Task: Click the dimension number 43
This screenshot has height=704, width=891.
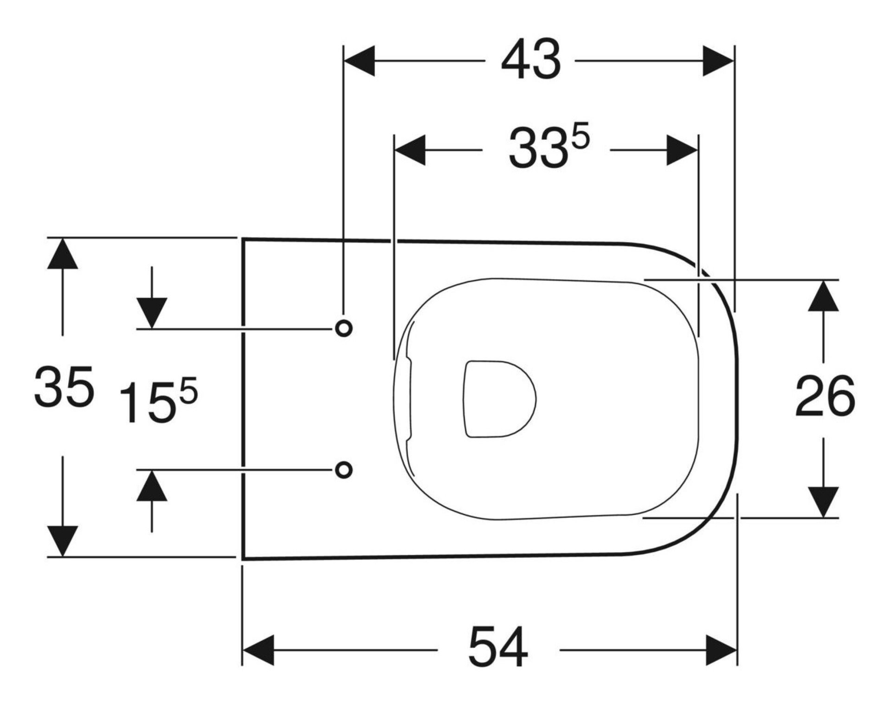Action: click(x=531, y=60)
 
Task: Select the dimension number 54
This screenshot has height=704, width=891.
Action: click(x=498, y=650)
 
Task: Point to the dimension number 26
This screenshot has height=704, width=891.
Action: click(x=824, y=397)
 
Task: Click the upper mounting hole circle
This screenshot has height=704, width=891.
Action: click(x=343, y=328)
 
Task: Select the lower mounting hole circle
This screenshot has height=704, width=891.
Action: click(x=343, y=470)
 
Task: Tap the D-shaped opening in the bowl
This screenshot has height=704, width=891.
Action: click(x=498, y=399)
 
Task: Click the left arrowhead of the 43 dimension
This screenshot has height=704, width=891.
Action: click(x=359, y=61)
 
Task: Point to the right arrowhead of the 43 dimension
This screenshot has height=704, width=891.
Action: click(x=718, y=61)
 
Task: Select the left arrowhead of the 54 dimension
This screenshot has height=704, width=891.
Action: click(x=258, y=650)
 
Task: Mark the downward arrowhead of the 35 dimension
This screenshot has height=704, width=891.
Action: click(x=63, y=541)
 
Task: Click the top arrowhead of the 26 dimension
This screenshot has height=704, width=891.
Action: click(x=823, y=296)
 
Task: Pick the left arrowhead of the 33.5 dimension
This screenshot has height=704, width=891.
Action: click(x=409, y=150)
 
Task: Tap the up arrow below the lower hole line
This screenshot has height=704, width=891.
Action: click(x=152, y=486)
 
